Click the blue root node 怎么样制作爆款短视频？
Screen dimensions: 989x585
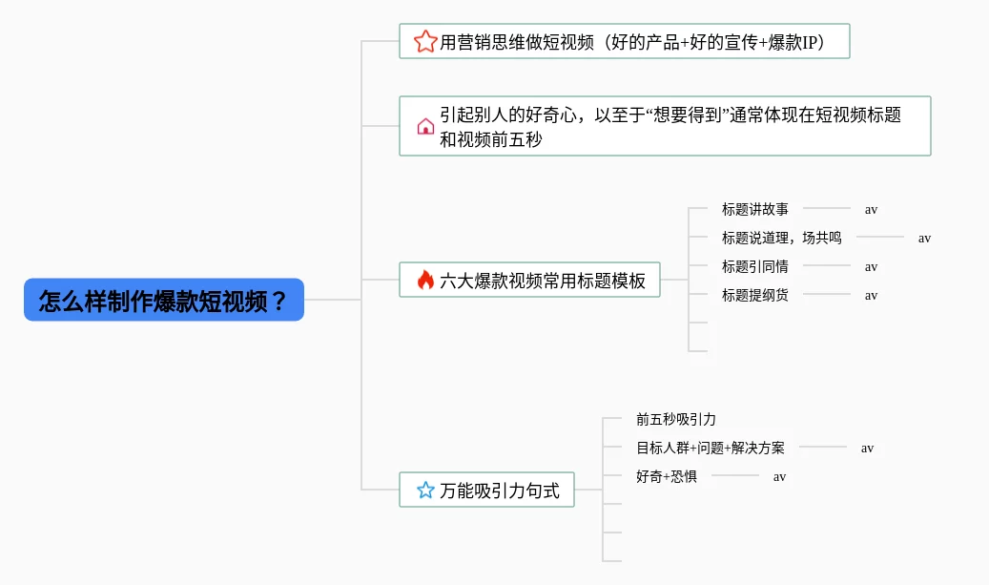(163, 300)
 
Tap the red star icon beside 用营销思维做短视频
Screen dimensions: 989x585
(424, 42)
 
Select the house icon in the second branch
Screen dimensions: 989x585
(425, 126)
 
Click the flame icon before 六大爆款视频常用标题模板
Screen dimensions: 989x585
(425, 281)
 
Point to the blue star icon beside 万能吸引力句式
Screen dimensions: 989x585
(425, 491)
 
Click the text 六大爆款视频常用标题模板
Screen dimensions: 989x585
(543, 281)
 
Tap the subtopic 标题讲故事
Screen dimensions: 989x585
(755, 209)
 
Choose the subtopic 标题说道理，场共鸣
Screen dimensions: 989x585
(782, 238)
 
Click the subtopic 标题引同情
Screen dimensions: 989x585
(755, 266)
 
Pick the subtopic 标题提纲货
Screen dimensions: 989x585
(755, 295)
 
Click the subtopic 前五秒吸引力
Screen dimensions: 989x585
(675, 419)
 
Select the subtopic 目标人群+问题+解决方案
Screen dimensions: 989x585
(711, 448)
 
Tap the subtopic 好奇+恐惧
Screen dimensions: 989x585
(667, 476)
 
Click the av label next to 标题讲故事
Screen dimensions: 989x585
(871, 209)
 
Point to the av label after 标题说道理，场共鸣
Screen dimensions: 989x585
(924, 238)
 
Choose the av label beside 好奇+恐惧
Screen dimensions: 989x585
(779, 476)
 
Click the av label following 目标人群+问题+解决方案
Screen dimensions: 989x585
(867, 448)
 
